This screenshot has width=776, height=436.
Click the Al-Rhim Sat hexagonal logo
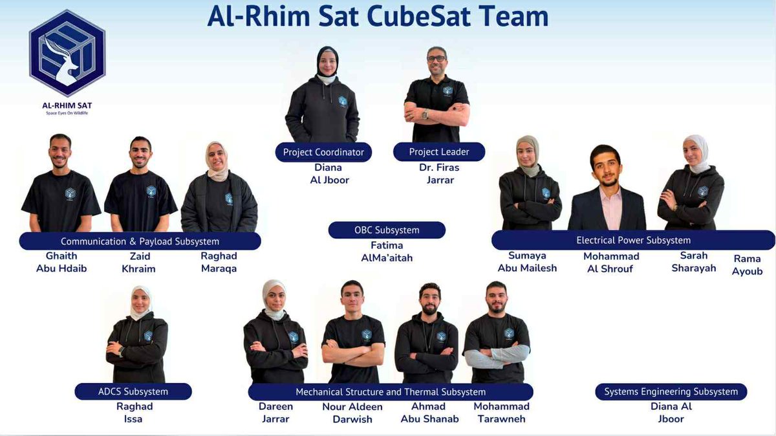[x=67, y=54]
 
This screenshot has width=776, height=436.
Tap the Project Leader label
[x=439, y=152]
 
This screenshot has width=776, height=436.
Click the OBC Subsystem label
[x=387, y=230]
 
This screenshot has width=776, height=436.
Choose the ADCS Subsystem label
[x=133, y=391]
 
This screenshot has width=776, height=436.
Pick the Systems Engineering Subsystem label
[x=671, y=391]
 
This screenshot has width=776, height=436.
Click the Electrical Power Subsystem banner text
[x=633, y=240]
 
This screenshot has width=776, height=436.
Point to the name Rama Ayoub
[x=747, y=265]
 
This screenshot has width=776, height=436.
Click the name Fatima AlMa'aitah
[x=387, y=252]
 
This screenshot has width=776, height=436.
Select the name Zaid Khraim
[x=139, y=262]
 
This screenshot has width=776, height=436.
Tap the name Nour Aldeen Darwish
[x=352, y=413]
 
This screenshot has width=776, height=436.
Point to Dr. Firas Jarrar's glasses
[x=436, y=59]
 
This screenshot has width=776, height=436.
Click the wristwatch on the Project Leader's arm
[x=425, y=114]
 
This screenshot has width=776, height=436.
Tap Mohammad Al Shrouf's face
[x=605, y=168]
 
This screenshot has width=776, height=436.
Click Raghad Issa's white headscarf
[x=140, y=302]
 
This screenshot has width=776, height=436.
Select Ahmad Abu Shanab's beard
[x=429, y=310]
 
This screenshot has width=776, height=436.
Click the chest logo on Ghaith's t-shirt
[x=70, y=193]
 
